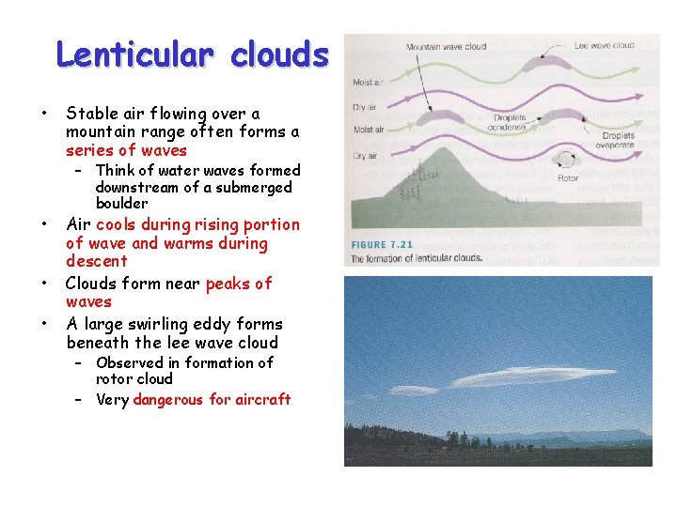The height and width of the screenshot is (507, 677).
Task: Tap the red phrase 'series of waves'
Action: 126,150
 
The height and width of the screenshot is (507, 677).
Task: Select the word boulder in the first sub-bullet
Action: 121,203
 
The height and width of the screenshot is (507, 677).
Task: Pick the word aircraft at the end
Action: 260,399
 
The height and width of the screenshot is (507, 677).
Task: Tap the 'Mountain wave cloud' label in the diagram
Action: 447,46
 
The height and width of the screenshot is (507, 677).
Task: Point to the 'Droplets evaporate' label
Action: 618,140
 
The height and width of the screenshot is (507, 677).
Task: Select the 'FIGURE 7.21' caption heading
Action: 382,244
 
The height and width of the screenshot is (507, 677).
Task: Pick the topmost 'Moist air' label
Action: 367,83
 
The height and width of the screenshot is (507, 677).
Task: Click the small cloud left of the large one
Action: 414,390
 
